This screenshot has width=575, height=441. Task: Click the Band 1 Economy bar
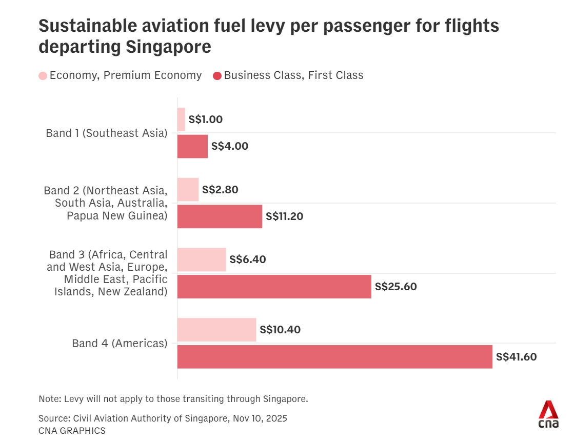[181, 119]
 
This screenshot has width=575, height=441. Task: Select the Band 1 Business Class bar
[192, 146]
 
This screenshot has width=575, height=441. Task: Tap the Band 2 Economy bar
[188, 190]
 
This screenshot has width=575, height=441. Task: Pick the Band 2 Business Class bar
[220, 216]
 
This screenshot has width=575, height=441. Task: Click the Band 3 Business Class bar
[274, 287]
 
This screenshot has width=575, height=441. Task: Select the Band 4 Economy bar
[216, 330]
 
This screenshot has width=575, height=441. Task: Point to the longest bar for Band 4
[334, 356]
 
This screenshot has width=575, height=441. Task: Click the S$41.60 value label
[516, 357]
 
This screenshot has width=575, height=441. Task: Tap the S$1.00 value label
[205, 119]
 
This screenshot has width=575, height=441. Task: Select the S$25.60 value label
[395, 287]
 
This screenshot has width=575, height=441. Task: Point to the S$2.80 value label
[220, 190]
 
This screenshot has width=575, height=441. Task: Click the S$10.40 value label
[280, 330]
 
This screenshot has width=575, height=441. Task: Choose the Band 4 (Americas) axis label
[120, 343]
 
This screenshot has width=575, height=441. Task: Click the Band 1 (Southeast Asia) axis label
[107, 133]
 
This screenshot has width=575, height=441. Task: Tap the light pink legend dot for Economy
[43, 76]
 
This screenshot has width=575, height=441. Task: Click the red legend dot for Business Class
[217, 76]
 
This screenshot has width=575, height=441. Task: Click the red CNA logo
[548, 414]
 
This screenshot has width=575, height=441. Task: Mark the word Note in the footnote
[48, 398]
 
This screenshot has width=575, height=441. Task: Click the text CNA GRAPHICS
[72, 431]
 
